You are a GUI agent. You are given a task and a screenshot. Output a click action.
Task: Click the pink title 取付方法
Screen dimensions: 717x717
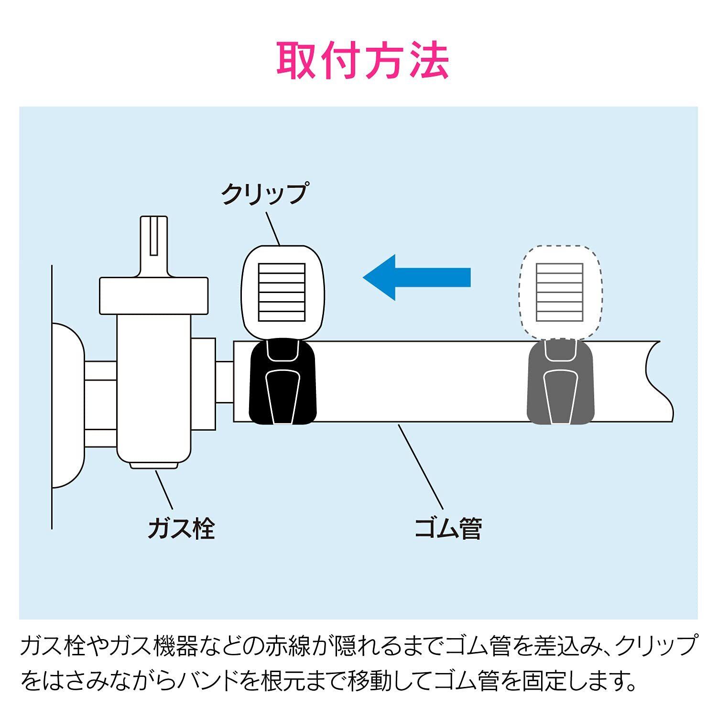(x=363, y=61)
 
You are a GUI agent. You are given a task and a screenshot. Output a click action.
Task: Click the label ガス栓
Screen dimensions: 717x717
(x=181, y=528)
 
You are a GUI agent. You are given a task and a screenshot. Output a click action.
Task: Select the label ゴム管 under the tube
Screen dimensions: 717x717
(x=448, y=528)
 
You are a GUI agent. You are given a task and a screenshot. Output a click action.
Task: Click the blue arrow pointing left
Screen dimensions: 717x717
(x=416, y=277)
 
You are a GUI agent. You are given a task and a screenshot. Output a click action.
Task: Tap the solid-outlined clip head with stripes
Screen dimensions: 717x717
(x=282, y=293)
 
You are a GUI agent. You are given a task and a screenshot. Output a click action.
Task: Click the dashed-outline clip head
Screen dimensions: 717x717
(x=560, y=293)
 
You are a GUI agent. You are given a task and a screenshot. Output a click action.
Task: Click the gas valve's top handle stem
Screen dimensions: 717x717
(x=154, y=246)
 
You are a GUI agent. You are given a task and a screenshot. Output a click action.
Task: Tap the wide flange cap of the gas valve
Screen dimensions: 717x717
(x=154, y=296)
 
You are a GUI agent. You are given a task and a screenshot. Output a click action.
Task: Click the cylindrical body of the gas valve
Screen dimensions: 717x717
(x=154, y=387)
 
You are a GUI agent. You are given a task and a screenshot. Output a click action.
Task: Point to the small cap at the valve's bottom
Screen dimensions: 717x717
(x=154, y=465)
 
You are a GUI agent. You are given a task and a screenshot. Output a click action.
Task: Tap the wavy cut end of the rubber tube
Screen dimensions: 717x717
(x=660, y=381)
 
